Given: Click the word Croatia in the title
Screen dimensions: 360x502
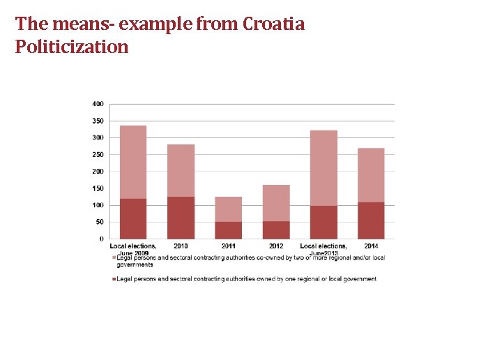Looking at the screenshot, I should pyautogui.click(x=273, y=24).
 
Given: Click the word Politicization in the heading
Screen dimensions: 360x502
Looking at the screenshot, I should pyautogui.click(x=72, y=47).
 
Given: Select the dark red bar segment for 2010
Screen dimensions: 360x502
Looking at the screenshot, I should pyautogui.click(x=181, y=218).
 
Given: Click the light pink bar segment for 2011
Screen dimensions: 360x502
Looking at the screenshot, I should pyautogui.click(x=228, y=209).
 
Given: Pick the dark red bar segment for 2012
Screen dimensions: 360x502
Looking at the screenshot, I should pyautogui.click(x=276, y=230).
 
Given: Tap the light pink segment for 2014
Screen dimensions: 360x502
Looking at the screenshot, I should pyautogui.click(x=371, y=175).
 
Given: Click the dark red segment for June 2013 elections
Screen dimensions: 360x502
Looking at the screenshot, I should pyautogui.click(x=324, y=222).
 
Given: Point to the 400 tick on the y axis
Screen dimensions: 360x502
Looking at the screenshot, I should pyautogui.click(x=98, y=104).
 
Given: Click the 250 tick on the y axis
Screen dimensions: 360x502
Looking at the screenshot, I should pyautogui.click(x=98, y=155).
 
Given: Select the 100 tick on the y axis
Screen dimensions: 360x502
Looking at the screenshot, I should pyautogui.click(x=98, y=205).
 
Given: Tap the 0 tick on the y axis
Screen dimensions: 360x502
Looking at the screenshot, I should pyautogui.click(x=102, y=239).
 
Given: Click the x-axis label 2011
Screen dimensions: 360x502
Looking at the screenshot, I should pyautogui.click(x=228, y=246).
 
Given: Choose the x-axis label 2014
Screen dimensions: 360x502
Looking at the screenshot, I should pyautogui.click(x=371, y=246).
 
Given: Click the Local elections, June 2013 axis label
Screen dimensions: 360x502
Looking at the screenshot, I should pyautogui.click(x=324, y=248).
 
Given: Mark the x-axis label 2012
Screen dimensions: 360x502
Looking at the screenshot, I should pyautogui.click(x=276, y=246).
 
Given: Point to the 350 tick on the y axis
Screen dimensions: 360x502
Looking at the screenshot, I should pyautogui.click(x=98, y=121).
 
